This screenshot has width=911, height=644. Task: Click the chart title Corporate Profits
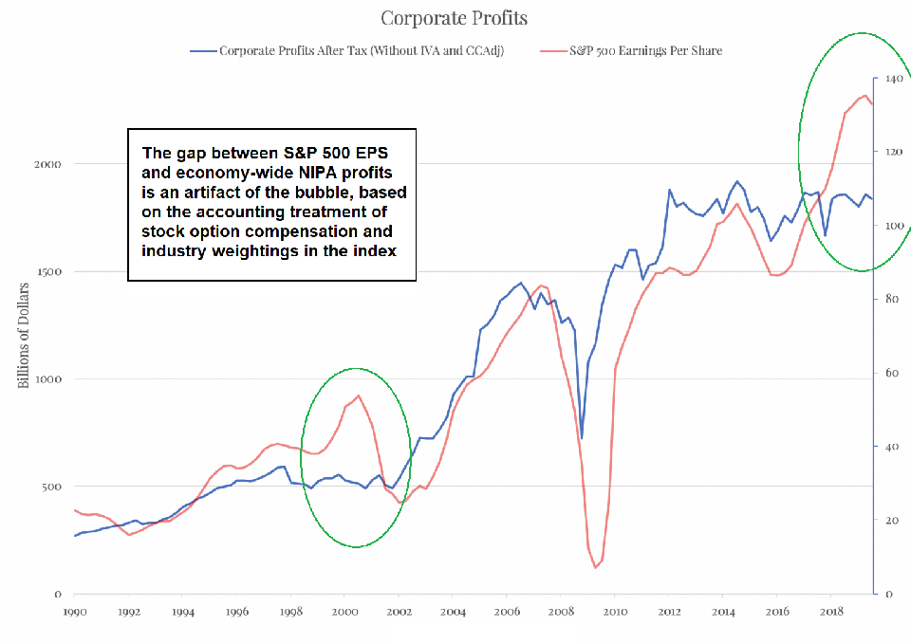tap(455, 18)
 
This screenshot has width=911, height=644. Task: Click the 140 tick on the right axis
tap(892, 79)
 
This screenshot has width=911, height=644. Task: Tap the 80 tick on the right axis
tap(889, 299)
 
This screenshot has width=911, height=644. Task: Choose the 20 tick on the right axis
tap(889, 521)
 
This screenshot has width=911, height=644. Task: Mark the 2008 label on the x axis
tap(561, 612)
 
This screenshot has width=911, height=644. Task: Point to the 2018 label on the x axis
tap(831, 612)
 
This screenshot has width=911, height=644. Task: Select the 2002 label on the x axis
tap(399, 612)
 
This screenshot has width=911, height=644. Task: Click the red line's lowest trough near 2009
tap(595, 567)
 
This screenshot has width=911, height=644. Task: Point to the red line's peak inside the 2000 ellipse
tap(358, 396)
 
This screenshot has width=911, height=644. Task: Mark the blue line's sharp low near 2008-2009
tap(581, 438)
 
